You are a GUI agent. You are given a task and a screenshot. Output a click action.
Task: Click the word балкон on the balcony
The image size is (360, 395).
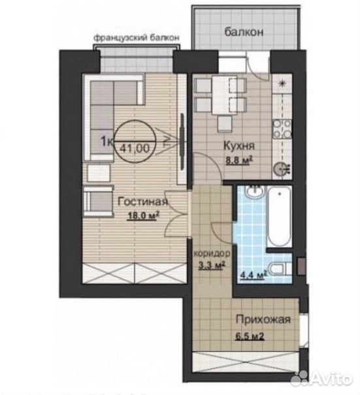[244, 32]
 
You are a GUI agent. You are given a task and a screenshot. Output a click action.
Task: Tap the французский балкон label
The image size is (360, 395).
[137, 38]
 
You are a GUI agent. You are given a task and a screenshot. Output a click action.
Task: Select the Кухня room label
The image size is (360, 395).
[239, 146]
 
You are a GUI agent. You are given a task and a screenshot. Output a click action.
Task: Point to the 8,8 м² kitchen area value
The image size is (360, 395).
[239, 160]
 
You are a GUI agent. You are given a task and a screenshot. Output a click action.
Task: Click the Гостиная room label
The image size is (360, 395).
[143, 202]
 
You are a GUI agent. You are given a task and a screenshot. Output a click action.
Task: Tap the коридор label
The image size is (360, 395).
[212, 253]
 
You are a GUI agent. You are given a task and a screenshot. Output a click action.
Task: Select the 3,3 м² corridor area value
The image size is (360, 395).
[212, 266]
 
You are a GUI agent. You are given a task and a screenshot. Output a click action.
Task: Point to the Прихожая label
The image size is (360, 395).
[263, 319]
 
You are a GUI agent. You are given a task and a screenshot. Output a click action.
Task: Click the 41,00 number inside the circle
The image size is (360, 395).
[135, 148]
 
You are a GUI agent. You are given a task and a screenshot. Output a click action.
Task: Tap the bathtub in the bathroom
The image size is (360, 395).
[279, 216]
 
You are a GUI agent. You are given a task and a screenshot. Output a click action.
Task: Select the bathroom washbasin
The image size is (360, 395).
[255, 193]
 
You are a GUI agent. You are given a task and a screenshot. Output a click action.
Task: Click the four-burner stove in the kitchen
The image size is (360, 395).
[282, 129]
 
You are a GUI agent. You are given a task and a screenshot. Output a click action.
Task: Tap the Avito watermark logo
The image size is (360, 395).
[321, 379]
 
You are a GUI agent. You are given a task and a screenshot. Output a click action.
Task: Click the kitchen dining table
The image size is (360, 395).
[221, 95]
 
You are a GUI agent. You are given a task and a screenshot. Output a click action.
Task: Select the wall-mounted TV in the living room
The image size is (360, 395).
[182, 141]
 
